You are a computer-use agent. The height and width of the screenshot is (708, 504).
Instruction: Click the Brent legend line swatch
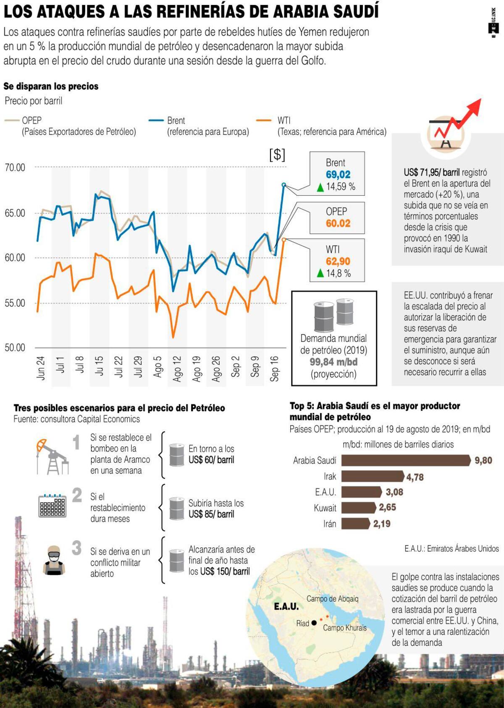click(156, 121)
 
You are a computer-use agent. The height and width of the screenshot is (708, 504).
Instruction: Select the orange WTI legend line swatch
click(263, 121)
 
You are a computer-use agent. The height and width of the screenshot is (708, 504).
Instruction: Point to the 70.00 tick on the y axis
click(15, 168)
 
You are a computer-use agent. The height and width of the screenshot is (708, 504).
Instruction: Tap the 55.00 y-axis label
click(15, 303)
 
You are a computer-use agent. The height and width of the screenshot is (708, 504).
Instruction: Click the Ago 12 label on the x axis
click(177, 369)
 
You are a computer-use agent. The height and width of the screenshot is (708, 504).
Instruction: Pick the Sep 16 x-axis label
click(274, 369)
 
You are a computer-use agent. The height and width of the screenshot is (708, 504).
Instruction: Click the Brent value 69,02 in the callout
click(338, 175)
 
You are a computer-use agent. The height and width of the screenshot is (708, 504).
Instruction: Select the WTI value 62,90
click(338, 262)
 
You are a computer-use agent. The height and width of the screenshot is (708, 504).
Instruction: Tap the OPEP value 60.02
click(338, 223)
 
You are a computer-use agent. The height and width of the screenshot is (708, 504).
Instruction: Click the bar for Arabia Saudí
click(406, 461)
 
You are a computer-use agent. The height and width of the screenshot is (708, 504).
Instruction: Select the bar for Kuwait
click(358, 508)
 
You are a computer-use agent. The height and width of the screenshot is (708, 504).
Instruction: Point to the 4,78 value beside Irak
click(415, 477)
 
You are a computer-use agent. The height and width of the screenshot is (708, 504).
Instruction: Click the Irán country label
click(330, 524)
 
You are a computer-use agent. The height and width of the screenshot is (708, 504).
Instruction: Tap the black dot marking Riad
click(314, 623)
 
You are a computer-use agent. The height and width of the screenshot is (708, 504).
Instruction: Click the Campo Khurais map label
click(345, 628)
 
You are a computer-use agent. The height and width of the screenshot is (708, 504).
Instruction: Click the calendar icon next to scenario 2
click(52, 505)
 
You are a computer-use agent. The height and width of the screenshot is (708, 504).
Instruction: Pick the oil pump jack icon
click(51, 456)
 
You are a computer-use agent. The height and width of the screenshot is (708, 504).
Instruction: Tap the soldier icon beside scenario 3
click(54, 560)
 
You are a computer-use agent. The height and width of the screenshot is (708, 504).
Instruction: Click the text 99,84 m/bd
click(333, 362)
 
